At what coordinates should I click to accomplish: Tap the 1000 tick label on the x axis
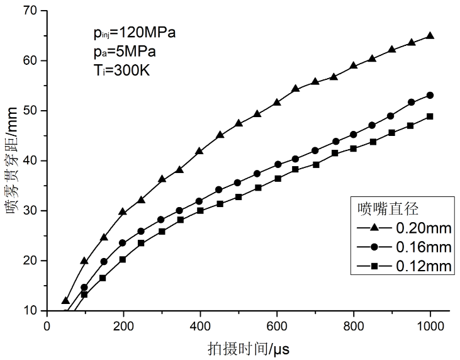430,325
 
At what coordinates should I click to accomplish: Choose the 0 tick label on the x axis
47,325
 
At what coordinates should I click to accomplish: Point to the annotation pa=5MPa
122,52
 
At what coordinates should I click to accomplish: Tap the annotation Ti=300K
120,70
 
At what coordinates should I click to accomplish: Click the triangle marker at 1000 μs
430,36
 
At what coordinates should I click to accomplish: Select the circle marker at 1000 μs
430,95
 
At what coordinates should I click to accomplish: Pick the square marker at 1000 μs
430,116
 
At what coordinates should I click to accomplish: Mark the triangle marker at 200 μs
123,212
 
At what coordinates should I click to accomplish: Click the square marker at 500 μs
238,197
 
